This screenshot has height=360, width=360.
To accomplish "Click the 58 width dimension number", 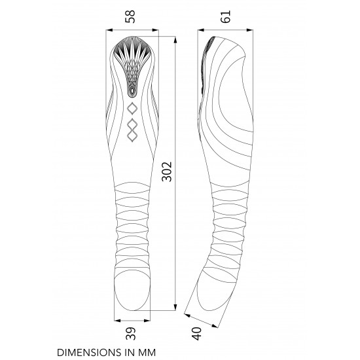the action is pyautogui.click(x=130, y=16).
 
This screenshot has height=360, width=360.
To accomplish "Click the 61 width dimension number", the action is pyautogui.click(x=225, y=16).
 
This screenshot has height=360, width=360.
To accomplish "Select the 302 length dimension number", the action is pyautogui.click(x=166, y=171).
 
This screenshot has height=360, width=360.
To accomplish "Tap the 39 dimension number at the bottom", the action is pyautogui.click(x=131, y=333).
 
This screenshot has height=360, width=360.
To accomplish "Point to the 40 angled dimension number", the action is pyautogui.click(x=197, y=334).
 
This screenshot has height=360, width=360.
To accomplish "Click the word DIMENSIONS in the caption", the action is pyautogui.click(x=90, y=352).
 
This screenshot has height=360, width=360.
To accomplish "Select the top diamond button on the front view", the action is pyautogui.click(x=132, y=109).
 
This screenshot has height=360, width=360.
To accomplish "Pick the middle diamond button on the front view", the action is pyautogui.click(x=132, y=124).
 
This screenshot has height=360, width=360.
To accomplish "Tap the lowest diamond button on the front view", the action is pyautogui.click(x=132, y=136).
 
